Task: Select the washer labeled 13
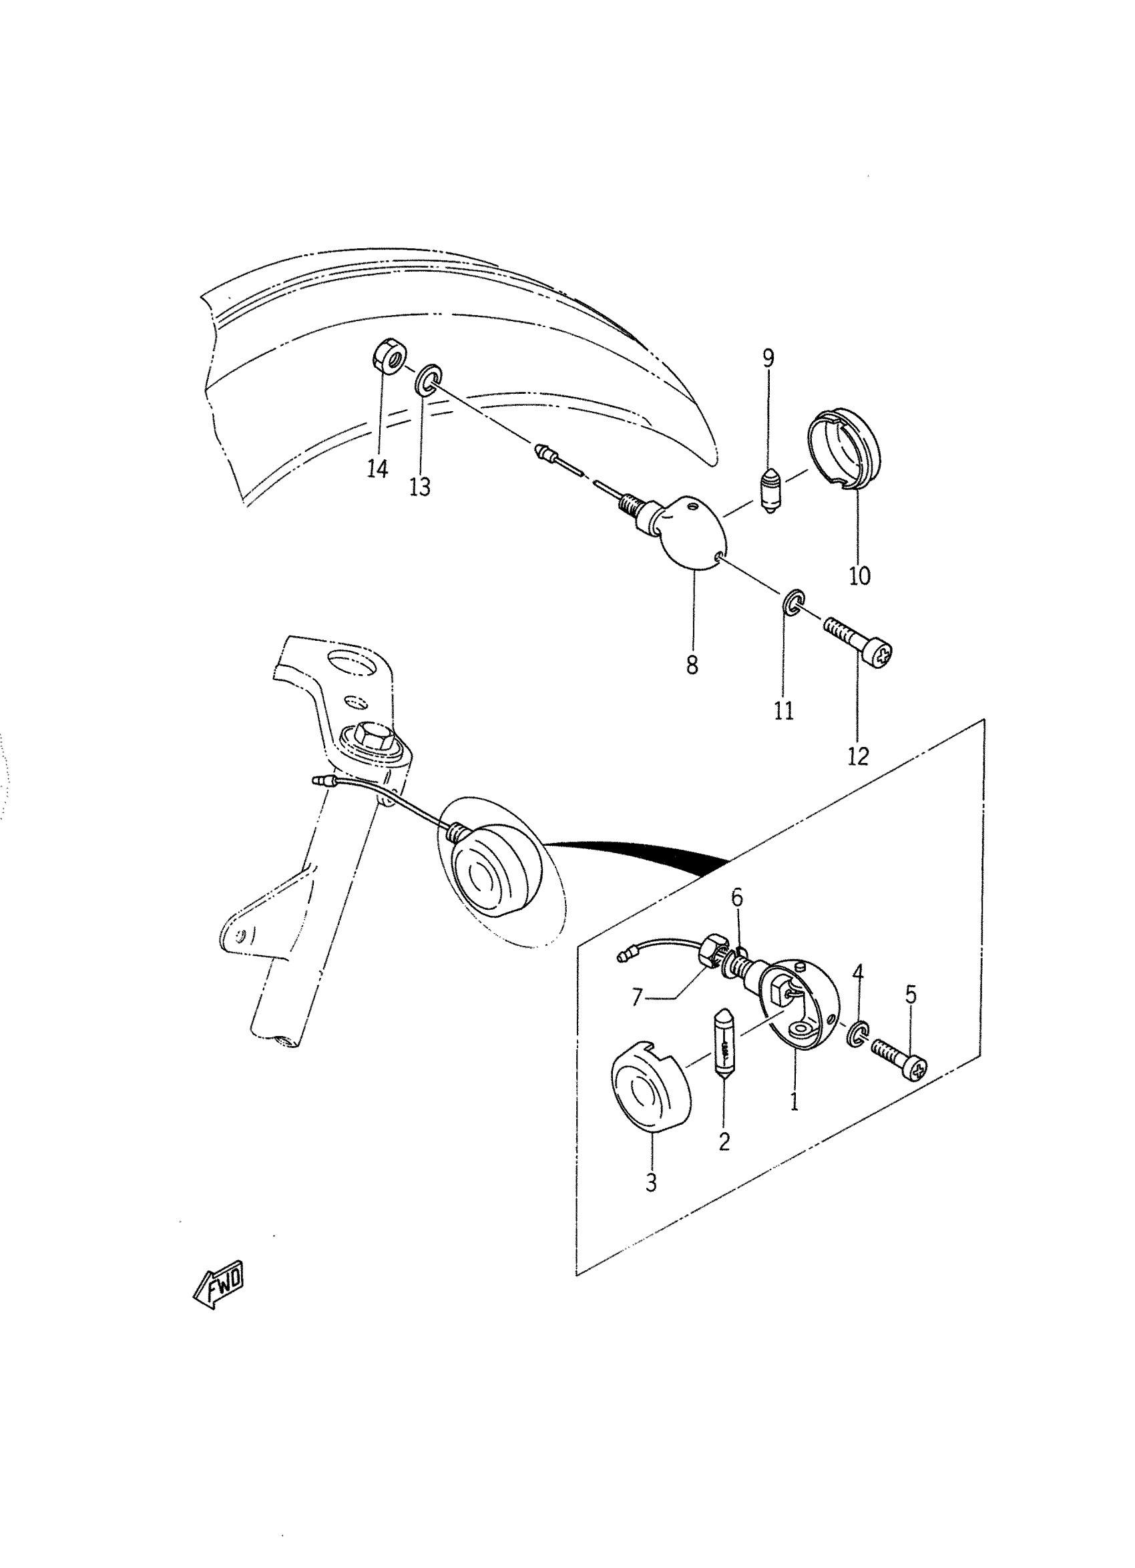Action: (x=429, y=379)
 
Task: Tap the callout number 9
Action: (x=768, y=358)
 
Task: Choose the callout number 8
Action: (x=692, y=664)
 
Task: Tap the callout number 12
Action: (x=858, y=756)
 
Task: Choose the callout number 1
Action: (x=794, y=1101)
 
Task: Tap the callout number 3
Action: (x=651, y=1183)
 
